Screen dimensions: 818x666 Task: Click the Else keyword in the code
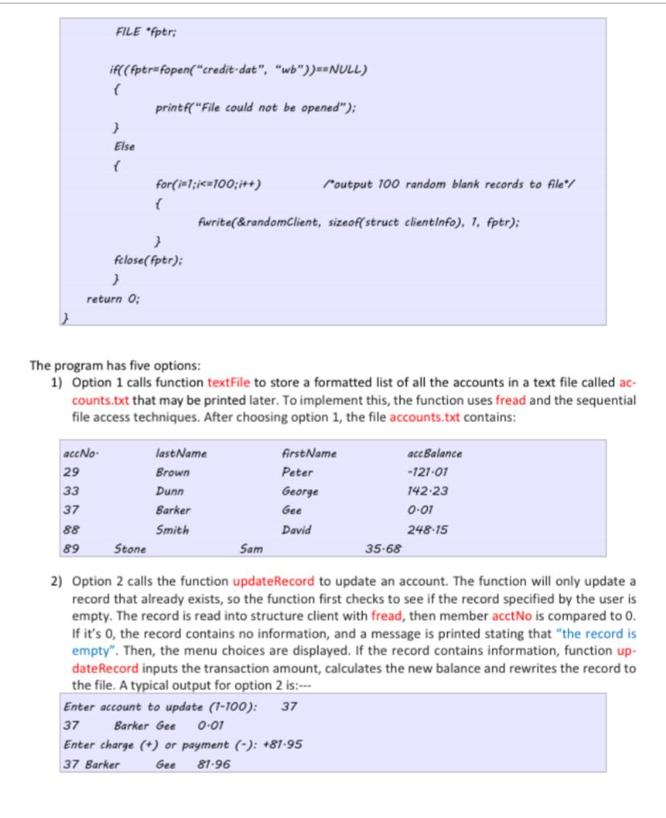pos(125,147)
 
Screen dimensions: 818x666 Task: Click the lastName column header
pos(181,454)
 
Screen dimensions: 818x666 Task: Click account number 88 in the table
pos(71,530)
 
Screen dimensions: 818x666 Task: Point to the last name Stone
pos(131,550)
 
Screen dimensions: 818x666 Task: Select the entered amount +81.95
pos(282,745)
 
